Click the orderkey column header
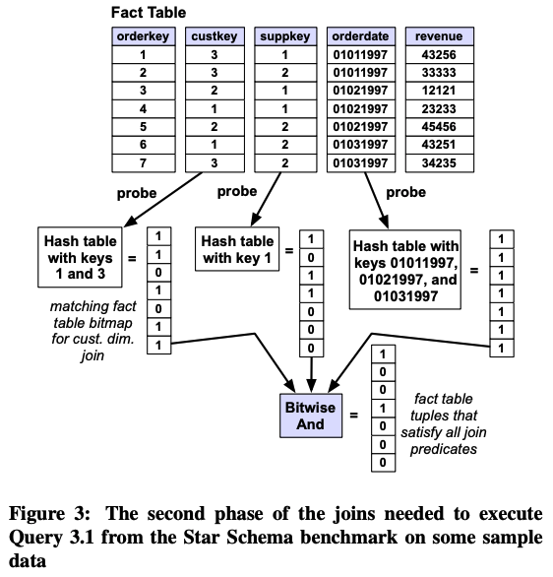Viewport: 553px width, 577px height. [x=144, y=36]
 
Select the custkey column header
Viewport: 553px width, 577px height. [x=215, y=36]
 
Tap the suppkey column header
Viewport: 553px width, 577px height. [x=285, y=36]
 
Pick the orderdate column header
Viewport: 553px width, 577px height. [x=361, y=36]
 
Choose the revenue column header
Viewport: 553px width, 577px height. [x=440, y=36]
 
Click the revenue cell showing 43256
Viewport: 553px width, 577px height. [x=440, y=54]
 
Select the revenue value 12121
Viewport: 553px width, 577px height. [x=440, y=91]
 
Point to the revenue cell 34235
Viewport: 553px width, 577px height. [x=440, y=163]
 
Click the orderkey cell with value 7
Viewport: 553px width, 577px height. [x=144, y=163]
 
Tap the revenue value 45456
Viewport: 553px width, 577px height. [x=440, y=127]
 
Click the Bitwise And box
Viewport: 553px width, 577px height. [x=311, y=416]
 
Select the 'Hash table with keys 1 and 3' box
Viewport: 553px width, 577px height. [x=80, y=257]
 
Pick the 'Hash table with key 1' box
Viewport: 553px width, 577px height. [x=237, y=249]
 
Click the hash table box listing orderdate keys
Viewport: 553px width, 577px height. [x=404, y=270]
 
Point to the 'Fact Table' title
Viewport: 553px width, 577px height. [x=149, y=13]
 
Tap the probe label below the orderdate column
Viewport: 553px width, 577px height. [x=406, y=192]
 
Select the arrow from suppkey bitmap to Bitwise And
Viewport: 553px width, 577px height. [x=311, y=375]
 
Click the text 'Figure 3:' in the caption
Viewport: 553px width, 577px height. [x=49, y=514]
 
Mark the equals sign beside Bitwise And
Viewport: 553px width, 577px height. [x=353, y=416]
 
